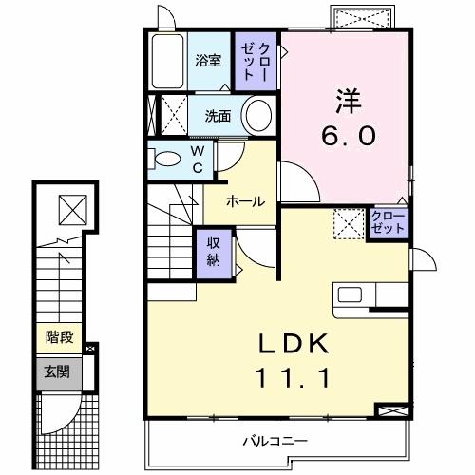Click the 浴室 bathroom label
[208, 61]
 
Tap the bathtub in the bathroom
[167, 63]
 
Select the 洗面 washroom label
[219, 116]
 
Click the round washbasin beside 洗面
[256, 116]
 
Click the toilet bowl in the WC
[165, 159]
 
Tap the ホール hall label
[244, 200]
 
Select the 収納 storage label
[214, 251]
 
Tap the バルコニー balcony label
[274, 440]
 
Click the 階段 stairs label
[60, 336]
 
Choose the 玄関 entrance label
[53, 370]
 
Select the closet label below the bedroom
[388, 224]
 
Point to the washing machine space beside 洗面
[172, 116]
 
